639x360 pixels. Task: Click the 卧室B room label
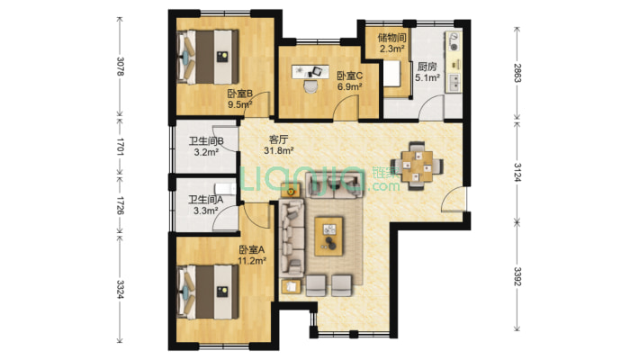240,94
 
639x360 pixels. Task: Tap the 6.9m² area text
350,86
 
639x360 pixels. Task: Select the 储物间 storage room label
392,39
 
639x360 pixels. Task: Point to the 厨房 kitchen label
427,67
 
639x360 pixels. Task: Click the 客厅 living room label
279,139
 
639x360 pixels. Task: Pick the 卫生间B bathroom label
206,141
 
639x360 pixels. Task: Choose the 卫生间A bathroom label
205,200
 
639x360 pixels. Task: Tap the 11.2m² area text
252,260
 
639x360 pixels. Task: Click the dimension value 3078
121,67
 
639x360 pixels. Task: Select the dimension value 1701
121,147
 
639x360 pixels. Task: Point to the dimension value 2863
517,73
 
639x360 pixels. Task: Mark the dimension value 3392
517,276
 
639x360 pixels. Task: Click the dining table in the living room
417,166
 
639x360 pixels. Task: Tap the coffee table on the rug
329,237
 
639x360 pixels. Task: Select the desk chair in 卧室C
311,86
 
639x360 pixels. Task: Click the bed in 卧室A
208,292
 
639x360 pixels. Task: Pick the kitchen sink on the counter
454,83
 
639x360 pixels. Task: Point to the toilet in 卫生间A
225,188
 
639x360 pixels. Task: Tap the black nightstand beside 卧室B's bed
222,57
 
